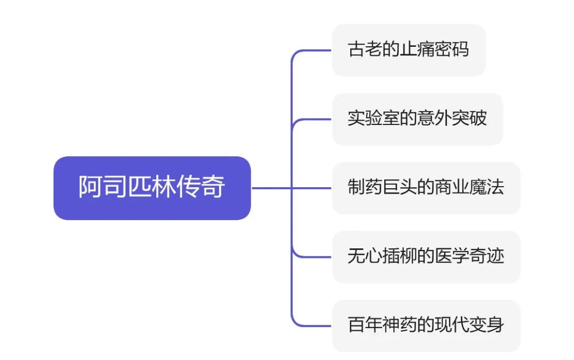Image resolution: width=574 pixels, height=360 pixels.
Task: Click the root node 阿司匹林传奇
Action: [x=152, y=188]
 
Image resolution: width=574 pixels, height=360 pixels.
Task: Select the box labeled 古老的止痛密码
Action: [x=408, y=50]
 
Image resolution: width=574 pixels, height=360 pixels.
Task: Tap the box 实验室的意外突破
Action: [x=417, y=119]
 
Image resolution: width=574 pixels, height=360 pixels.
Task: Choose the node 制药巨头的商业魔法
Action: [x=426, y=188]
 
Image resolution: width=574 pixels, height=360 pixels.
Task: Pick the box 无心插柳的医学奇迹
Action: [x=426, y=257]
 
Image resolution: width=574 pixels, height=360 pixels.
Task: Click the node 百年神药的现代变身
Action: [x=426, y=325]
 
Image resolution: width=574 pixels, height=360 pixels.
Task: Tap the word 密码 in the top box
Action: [x=452, y=50]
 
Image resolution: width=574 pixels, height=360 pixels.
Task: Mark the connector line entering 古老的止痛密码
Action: [x=314, y=51]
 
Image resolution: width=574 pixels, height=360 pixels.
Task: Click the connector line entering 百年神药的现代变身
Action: [x=314, y=325]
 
